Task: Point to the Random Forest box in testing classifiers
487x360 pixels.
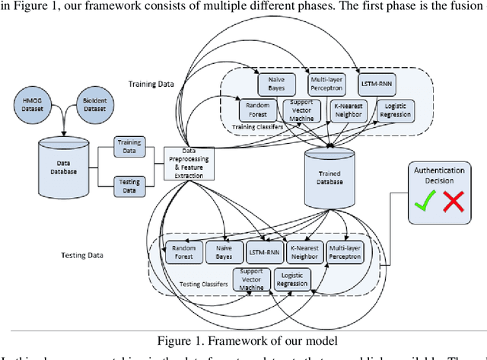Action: [184, 252]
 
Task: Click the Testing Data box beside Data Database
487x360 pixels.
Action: [130, 184]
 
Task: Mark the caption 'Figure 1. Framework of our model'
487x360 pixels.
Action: [242, 339]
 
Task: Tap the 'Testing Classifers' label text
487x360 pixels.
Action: [202, 284]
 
